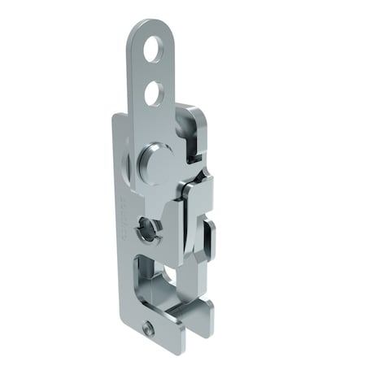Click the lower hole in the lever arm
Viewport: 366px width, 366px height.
[153, 94]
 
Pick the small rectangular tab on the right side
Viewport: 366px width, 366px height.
[208, 236]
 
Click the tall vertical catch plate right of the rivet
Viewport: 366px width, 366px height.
[193, 220]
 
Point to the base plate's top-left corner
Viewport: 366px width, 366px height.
[114, 118]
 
